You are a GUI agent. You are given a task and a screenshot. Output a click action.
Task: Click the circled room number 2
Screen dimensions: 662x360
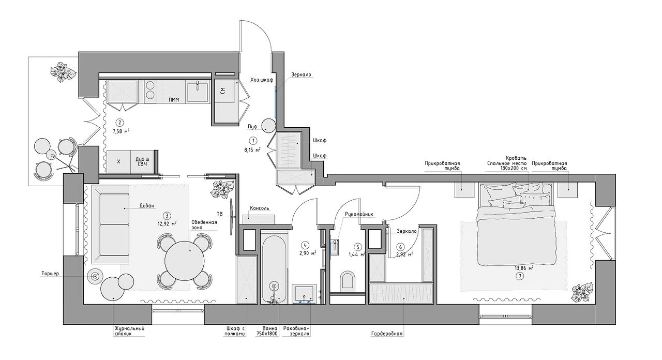(119, 123)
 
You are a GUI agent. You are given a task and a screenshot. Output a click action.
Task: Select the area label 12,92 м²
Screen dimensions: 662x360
(167, 224)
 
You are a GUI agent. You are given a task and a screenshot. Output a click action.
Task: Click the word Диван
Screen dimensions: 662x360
(147, 206)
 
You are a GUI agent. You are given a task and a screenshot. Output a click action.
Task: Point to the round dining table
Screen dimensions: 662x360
(185, 261)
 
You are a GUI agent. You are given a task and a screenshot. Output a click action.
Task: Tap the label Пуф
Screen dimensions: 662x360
(252, 127)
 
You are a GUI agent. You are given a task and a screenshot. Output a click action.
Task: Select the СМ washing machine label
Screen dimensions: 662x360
(223, 91)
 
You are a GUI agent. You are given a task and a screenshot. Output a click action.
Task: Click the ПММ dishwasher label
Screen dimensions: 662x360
(174, 100)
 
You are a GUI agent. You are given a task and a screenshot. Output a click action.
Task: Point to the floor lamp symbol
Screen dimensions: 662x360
(95, 276)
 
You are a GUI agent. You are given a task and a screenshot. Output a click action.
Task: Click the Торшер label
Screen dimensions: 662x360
(50, 274)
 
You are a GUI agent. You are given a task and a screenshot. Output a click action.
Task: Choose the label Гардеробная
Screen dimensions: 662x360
(387, 334)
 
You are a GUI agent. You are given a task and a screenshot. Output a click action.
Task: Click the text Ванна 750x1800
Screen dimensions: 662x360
(267, 331)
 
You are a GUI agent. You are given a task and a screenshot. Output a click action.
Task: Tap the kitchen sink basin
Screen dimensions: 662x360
(197, 92)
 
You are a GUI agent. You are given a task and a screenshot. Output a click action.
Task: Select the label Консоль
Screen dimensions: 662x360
(260, 208)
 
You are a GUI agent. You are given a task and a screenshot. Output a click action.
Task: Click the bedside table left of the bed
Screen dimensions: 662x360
(464, 190)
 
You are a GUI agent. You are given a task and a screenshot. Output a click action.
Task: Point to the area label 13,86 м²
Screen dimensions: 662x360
(524, 268)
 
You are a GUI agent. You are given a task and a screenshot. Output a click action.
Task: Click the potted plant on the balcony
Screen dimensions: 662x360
(63, 72)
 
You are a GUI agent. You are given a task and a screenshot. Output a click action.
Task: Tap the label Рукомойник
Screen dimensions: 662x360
(359, 214)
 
